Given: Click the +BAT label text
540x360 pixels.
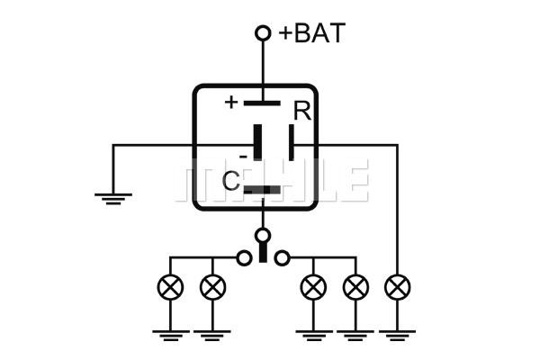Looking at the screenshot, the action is (312, 33).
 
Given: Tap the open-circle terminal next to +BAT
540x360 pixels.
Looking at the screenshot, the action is (263, 33).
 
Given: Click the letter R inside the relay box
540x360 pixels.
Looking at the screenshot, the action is (302, 111).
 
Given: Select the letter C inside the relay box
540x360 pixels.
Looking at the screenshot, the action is (230, 181).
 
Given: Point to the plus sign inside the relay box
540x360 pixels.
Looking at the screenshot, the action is (231, 102).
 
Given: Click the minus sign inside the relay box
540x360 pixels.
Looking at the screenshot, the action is (243, 157).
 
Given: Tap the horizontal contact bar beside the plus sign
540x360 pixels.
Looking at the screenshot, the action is (262, 103).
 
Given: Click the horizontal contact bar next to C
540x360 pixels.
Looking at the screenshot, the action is (262, 190).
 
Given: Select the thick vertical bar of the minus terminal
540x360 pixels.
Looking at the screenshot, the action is (257, 142).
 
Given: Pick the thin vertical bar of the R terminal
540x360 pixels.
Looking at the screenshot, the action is (292, 142).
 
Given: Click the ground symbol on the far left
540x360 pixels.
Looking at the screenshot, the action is (113, 199).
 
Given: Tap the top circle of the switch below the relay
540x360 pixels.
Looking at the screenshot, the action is (263, 236).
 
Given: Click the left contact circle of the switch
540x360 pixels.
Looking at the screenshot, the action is (244, 257).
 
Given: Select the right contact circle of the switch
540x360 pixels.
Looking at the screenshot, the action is (282, 257).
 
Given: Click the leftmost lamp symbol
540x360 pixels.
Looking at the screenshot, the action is (170, 287).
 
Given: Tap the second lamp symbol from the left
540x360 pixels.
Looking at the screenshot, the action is (212, 287).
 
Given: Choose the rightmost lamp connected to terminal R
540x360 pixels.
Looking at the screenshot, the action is (398, 287).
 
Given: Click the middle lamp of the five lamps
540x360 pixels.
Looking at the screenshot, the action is (313, 287).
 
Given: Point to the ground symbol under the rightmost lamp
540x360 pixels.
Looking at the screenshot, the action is (398, 336).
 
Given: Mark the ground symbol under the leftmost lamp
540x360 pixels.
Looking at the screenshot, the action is (170, 336).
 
